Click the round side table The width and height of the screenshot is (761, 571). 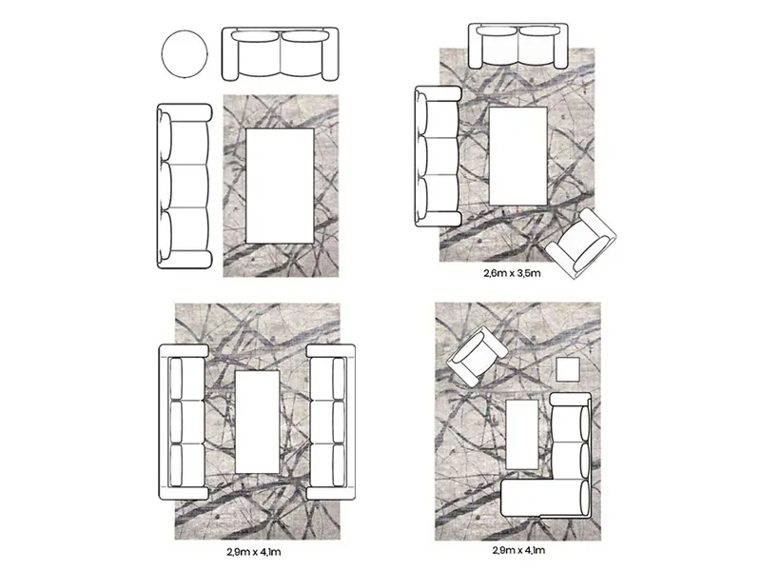(x=185, y=53)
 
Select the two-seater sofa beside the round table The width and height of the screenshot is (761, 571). (x=280, y=53)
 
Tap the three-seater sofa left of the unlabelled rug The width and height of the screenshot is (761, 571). (x=185, y=186)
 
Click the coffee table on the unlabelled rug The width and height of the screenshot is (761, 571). (x=280, y=186)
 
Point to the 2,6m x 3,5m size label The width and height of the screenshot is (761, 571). (x=512, y=273)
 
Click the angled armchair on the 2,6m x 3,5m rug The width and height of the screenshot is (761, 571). (x=581, y=244)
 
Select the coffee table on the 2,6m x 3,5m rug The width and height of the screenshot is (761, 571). (x=517, y=156)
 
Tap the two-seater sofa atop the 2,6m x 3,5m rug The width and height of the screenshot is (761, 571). (x=517, y=46)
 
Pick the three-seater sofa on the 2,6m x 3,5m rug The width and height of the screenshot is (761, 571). (x=438, y=156)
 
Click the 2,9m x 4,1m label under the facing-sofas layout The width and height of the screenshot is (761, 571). (x=253, y=552)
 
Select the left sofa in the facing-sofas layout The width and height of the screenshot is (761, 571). (x=184, y=422)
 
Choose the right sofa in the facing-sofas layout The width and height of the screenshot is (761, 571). (x=331, y=422)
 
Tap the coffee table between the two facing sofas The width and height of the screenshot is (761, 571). (x=257, y=422)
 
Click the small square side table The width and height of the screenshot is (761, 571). (x=568, y=369)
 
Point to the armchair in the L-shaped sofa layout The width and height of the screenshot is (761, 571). (x=477, y=356)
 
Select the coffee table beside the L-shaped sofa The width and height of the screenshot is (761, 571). (x=522, y=434)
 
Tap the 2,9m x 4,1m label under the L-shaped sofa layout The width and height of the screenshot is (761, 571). (x=518, y=550)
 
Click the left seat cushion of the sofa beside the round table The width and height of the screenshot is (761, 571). (x=257, y=53)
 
